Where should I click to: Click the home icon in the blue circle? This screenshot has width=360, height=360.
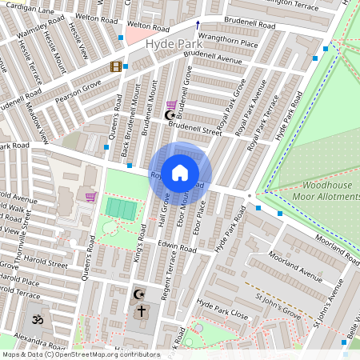tap(180, 172)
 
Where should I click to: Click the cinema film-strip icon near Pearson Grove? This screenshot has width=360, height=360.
tap(116, 67)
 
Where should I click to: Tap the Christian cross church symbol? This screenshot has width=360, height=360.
tap(141, 310)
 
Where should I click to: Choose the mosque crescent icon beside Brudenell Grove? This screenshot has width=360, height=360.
tap(169, 116)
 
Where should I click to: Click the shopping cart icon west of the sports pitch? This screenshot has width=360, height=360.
tap(90, 196)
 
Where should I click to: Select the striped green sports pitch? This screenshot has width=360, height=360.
tap(121, 209)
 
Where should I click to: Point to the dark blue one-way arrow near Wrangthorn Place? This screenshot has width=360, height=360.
tap(198, 25)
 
